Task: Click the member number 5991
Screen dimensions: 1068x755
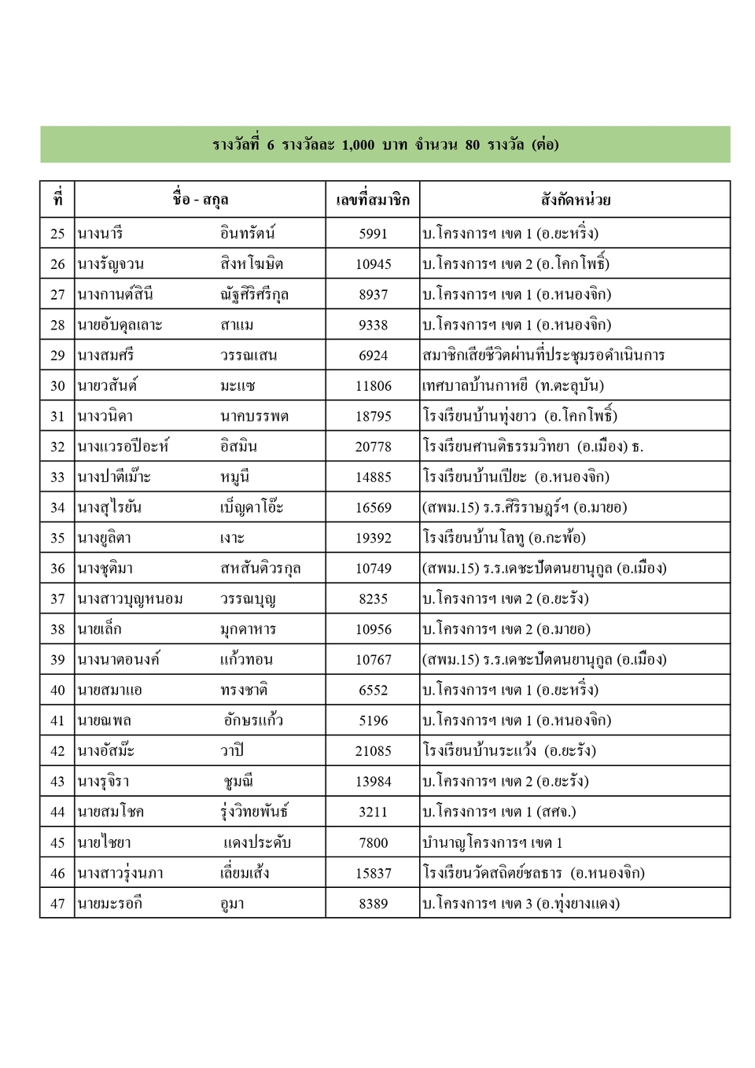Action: click(x=373, y=234)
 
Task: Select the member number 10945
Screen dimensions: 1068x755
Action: click(x=373, y=264)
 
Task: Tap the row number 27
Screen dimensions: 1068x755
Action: click(x=57, y=295)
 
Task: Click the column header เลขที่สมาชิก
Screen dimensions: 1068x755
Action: click(x=373, y=200)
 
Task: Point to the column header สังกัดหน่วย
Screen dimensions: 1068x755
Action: click(x=575, y=200)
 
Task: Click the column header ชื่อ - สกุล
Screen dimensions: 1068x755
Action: click(x=200, y=200)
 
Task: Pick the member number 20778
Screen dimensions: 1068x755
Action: click(x=373, y=447)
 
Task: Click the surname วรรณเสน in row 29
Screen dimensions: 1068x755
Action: click(x=249, y=355)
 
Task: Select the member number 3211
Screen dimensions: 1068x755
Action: click(x=373, y=812)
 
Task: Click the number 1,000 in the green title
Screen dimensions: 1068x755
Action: click(x=358, y=145)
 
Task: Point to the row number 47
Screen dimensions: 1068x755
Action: click(x=57, y=904)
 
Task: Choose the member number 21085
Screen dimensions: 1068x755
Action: click(x=373, y=751)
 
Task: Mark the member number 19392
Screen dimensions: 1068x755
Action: click(x=373, y=538)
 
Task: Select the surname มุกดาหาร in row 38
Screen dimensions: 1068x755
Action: click(x=248, y=629)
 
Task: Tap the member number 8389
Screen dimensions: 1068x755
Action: click(x=373, y=904)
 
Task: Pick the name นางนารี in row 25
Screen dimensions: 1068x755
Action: click(x=100, y=234)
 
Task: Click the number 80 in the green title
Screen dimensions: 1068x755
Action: click(x=472, y=145)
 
